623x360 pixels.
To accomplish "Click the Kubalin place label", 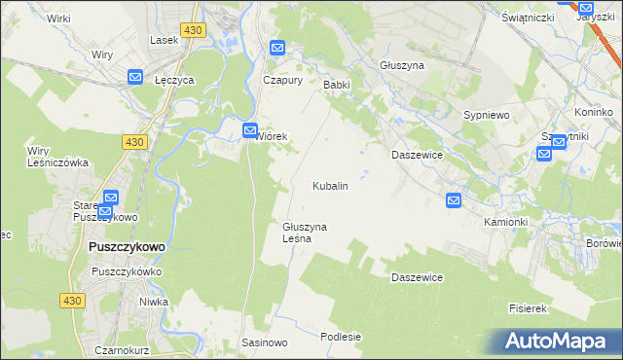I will pos(329,185).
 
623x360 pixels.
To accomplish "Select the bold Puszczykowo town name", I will pos(126,247).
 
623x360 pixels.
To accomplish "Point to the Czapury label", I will pos(283,81).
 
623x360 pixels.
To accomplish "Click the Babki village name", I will pos(336,85).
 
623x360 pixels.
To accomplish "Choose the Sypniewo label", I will pos(487,115).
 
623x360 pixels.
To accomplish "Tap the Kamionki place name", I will pos(505,222).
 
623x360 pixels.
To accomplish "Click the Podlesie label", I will pos(341,337).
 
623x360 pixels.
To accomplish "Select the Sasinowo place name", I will pos(265,343).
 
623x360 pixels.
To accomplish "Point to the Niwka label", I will pos(154,302).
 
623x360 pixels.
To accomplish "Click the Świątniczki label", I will pos(527,18).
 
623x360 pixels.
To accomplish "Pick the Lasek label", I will pos(163,41).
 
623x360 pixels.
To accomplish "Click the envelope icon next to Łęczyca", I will pos(135,77).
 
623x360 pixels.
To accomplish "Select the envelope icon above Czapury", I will pos(277,48).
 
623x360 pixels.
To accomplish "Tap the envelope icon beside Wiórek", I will pos(250,128).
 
